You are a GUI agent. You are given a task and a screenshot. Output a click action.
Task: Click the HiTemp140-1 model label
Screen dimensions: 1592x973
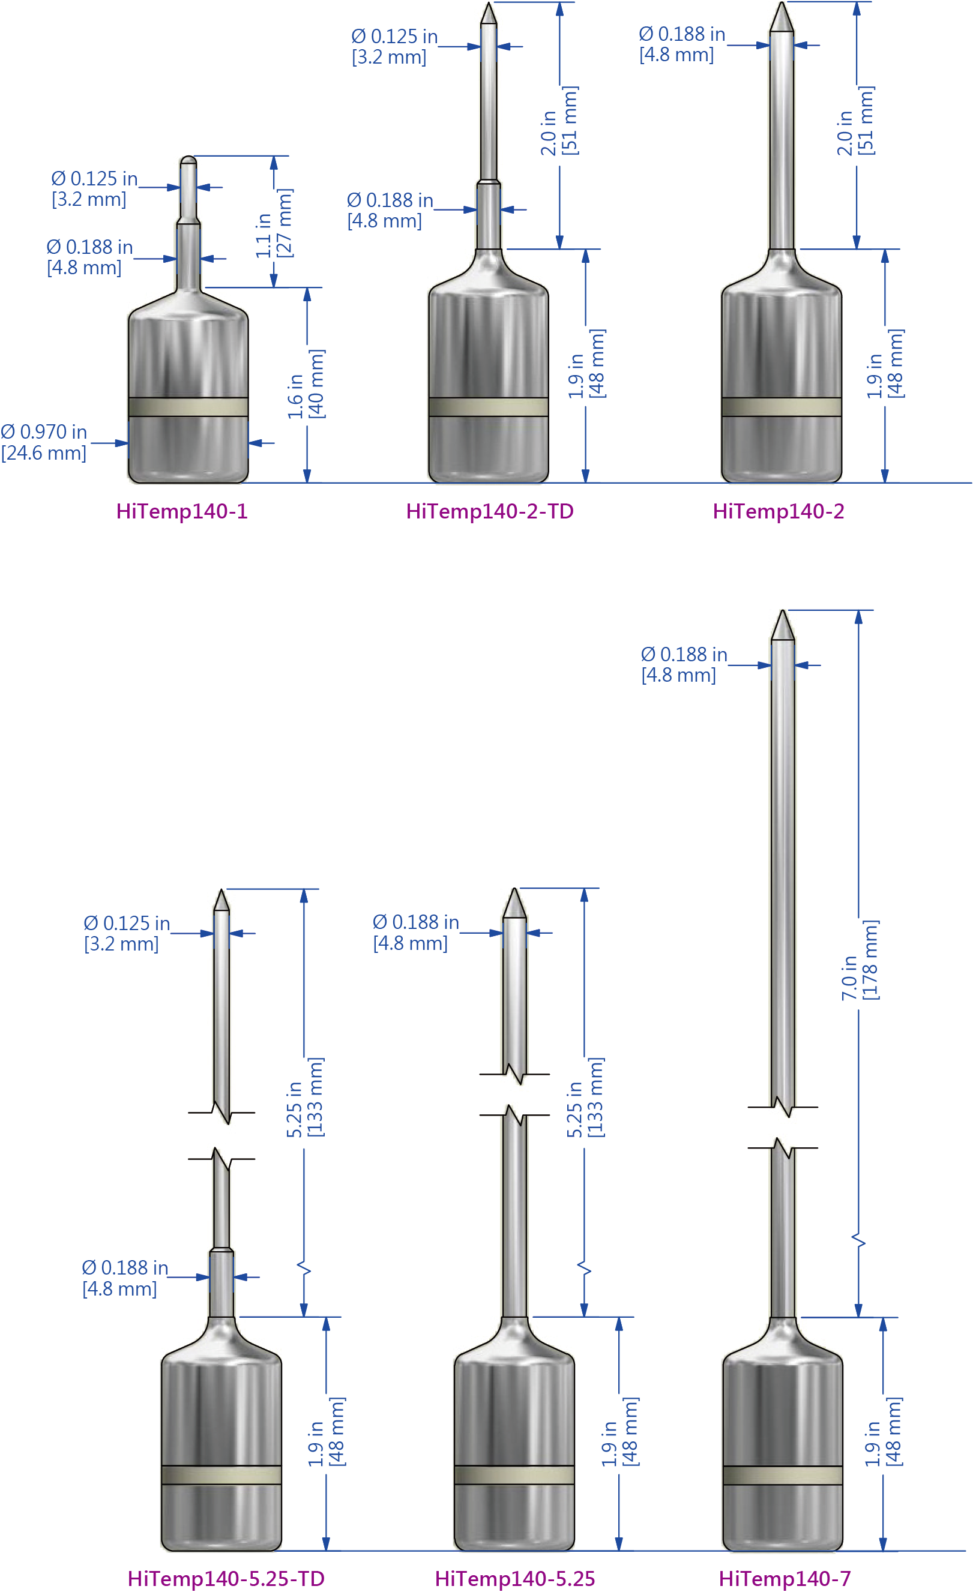(181, 512)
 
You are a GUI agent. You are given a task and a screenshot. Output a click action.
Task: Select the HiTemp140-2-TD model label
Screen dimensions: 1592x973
(490, 512)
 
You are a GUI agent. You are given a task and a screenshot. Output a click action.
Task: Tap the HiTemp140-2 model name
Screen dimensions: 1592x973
(778, 512)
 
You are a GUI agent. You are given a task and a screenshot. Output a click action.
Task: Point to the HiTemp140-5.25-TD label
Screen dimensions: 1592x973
(226, 1578)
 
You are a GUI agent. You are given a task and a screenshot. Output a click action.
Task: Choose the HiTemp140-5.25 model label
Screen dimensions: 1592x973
(515, 1578)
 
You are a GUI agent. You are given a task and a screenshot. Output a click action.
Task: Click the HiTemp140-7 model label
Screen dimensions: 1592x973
(785, 1578)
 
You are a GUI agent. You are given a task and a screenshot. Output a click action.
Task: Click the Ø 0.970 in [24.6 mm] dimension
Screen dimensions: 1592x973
(44, 443)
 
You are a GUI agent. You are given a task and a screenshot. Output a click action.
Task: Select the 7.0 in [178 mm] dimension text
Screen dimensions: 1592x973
(860, 960)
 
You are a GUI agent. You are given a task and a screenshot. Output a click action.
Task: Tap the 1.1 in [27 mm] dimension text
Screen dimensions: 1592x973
(273, 224)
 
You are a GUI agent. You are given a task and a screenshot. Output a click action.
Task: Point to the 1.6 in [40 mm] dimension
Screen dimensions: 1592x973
(306, 385)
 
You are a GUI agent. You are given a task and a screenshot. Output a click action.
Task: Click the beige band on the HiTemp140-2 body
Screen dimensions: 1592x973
(781, 407)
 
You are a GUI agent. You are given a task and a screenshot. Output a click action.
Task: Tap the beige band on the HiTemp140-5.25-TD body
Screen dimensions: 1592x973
(221, 1475)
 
